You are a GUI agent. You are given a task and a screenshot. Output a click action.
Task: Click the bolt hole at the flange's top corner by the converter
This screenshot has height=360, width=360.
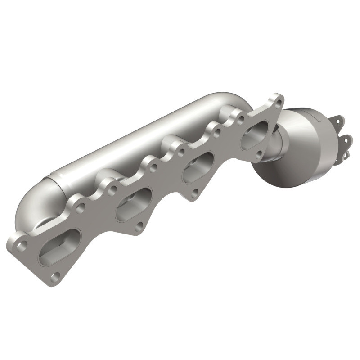click(278, 102)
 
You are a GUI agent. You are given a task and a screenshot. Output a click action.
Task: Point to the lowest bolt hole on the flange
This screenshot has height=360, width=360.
click(55, 276)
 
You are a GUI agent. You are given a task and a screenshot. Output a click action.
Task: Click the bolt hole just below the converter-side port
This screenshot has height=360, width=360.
click(258, 156)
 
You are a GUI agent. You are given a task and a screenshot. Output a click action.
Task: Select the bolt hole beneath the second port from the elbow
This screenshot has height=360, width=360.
click(139, 226)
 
